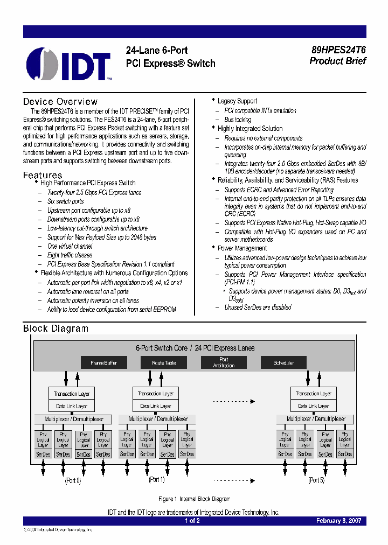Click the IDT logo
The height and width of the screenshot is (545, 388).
coord(69,64)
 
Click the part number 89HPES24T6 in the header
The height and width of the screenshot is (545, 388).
coord(338,50)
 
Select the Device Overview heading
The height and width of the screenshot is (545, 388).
coord(60,102)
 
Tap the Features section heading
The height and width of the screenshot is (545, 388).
coord(43,175)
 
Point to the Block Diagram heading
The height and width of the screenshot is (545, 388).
coord(56,329)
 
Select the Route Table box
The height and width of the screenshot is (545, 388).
coord(164,362)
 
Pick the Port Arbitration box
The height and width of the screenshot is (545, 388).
coord(224,362)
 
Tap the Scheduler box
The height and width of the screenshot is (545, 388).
coord(283,362)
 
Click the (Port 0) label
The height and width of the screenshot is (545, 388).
coord(73,480)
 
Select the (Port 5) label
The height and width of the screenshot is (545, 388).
coord(316,480)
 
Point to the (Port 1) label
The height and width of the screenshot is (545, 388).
coord(157,479)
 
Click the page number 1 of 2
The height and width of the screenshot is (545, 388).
coord(192,521)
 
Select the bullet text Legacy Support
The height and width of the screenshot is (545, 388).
coord(237,101)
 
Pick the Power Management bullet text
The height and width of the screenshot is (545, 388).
coord(242,248)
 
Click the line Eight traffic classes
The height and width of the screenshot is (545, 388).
coord(70,255)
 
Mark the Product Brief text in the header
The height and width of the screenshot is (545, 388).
coord(338,61)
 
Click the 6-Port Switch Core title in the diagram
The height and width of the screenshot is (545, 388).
coord(195,348)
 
